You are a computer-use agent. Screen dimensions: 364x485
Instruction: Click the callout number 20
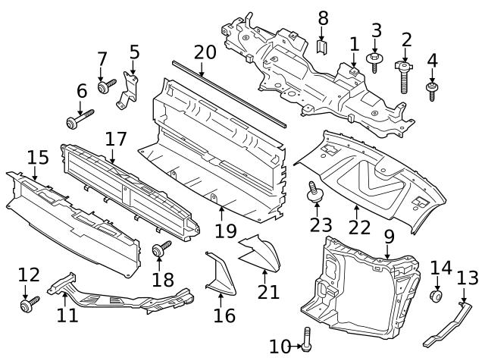[205, 52]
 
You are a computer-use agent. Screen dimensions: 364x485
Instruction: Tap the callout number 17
[115, 140]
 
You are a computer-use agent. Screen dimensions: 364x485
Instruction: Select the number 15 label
[38, 158]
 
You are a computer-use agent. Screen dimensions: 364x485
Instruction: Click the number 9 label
[389, 236]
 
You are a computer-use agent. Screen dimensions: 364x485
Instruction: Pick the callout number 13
[467, 277]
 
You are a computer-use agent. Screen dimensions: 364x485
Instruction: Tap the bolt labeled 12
[29, 305]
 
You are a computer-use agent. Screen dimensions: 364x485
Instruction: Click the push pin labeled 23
[311, 194]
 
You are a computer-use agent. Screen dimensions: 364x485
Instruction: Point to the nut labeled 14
[436, 296]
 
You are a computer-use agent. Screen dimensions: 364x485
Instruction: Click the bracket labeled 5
[130, 90]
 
